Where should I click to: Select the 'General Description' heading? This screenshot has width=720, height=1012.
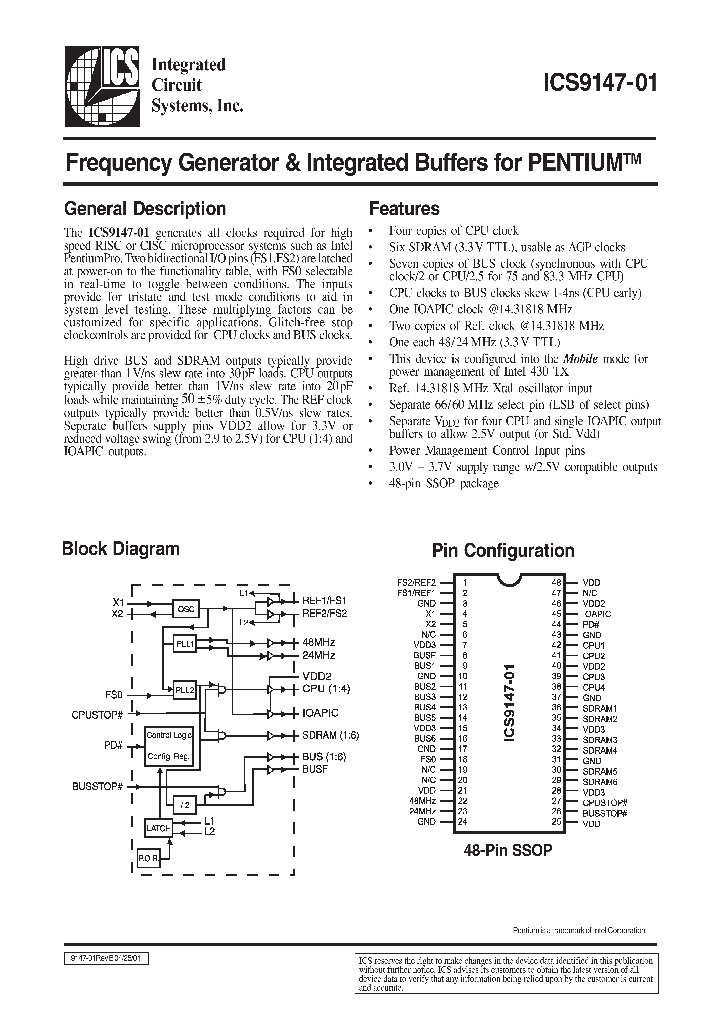click(144, 209)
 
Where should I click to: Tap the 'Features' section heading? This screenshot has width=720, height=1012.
click(404, 209)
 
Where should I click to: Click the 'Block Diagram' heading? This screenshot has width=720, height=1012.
click(120, 548)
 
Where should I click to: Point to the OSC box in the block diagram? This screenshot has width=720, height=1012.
click(185, 608)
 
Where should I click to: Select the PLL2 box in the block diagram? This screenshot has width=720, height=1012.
click(184, 691)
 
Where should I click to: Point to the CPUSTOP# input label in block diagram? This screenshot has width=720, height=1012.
click(97, 716)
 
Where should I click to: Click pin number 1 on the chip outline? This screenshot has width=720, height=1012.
click(463, 581)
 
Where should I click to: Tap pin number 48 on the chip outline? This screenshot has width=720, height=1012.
click(557, 581)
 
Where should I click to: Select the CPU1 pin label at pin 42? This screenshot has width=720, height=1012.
click(593, 645)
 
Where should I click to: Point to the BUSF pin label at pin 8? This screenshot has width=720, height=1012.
click(425, 656)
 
